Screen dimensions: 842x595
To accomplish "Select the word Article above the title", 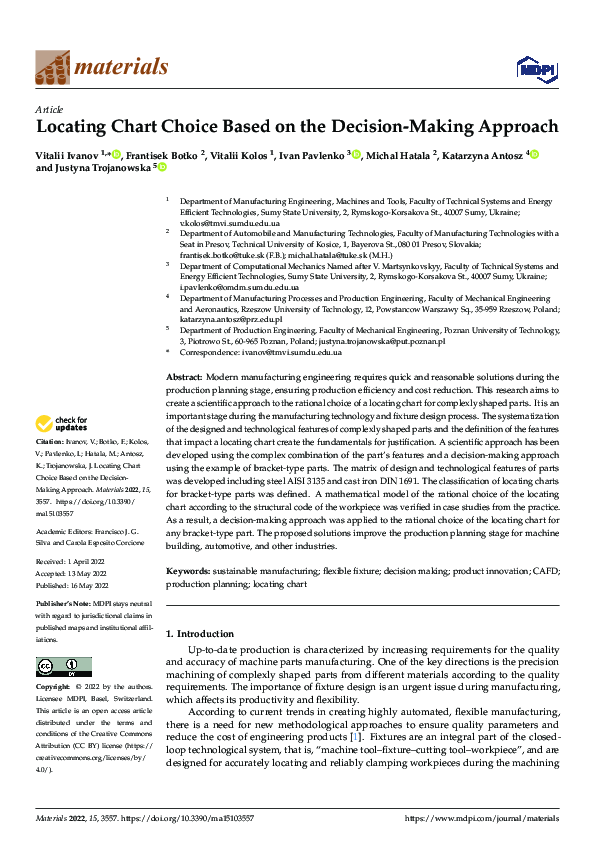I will pyautogui.click(x=49, y=109).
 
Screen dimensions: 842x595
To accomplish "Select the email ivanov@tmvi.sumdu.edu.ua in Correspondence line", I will pyautogui.click(x=284, y=352).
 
